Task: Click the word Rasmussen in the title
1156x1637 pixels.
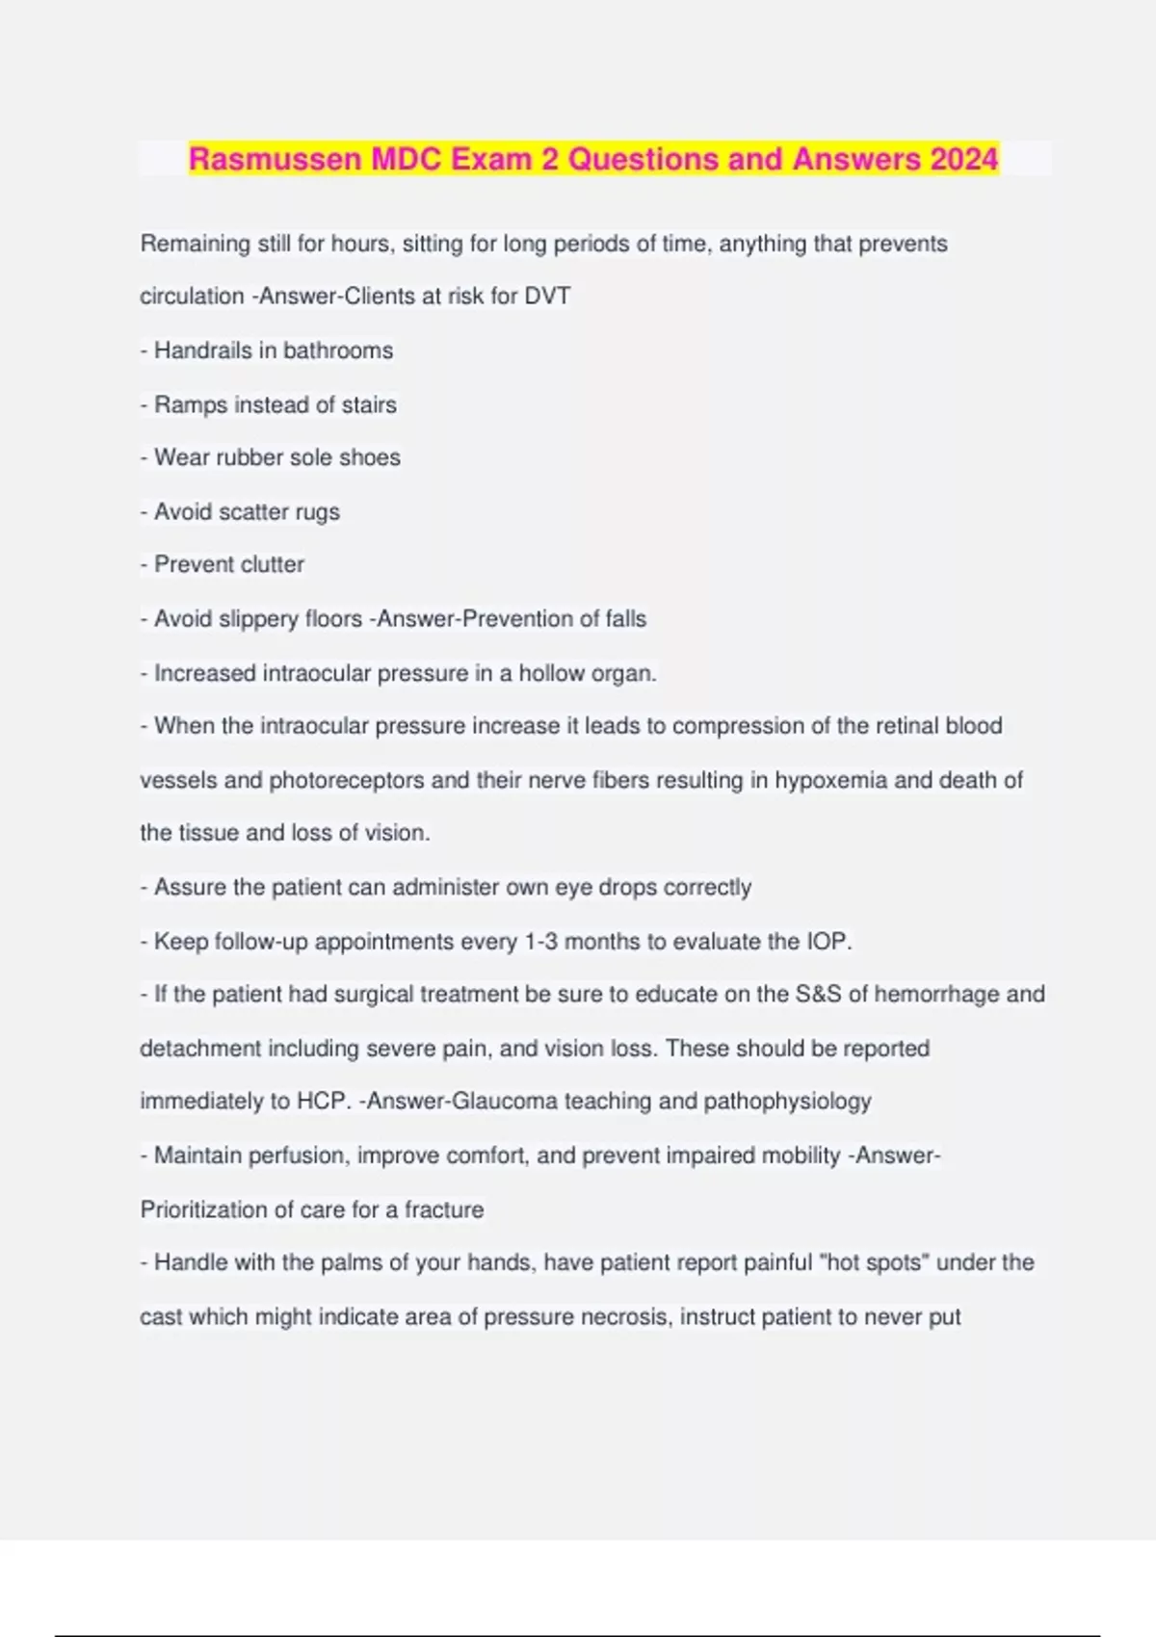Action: pyautogui.click(x=276, y=159)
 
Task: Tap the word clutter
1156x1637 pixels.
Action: pyautogui.click(x=271, y=564)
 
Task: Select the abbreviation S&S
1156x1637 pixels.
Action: pyautogui.click(x=818, y=994)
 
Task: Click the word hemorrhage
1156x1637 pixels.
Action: pyautogui.click(x=936, y=994)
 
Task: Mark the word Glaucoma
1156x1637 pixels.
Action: pyautogui.click(x=504, y=1102)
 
